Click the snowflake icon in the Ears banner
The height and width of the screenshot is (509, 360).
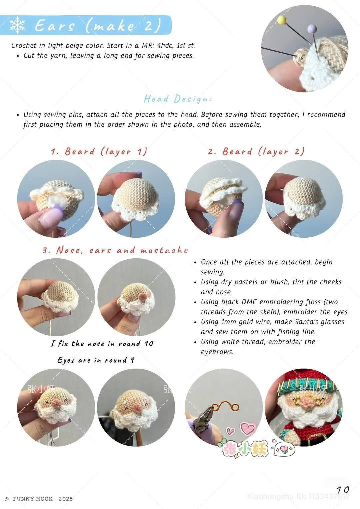pos(18,25)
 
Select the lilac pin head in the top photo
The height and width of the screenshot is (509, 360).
pos(311,28)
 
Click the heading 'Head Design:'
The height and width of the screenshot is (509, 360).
pos(178,99)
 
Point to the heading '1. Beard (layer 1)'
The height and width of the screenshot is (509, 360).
pos(99,151)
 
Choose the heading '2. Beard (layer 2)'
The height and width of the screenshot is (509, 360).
pos(256,151)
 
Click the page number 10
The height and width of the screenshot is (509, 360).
pos(342,490)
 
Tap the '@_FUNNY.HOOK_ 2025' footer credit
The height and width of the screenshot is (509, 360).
pos(39,499)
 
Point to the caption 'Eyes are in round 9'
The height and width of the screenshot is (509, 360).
pos(96,360)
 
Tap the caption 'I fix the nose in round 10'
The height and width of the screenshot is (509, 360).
pos(102,344)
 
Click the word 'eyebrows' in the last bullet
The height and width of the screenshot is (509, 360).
pos(217,352)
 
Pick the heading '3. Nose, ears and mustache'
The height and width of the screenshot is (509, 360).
pos(115,250)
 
